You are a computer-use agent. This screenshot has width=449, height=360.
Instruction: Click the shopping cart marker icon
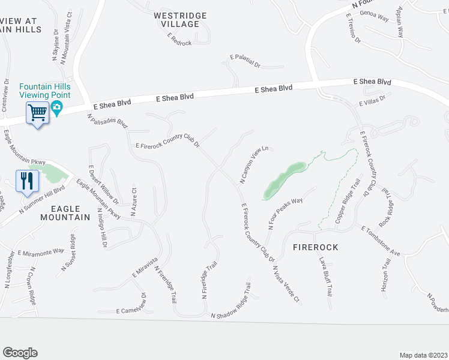pos(37,112)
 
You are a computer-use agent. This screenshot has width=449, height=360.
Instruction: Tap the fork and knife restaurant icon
pos(27,180)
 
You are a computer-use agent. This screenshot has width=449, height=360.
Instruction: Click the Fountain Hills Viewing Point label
pos(45,91)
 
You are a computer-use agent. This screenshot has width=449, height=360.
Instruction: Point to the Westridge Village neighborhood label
pos(180,20)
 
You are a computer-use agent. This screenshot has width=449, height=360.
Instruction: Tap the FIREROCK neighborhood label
pos(316,247)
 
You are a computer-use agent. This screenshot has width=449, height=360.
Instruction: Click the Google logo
pos(20,353)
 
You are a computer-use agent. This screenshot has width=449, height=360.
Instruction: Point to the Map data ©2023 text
pos(424,355)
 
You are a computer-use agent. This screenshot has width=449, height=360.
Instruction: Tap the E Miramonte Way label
pos(41,252)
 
